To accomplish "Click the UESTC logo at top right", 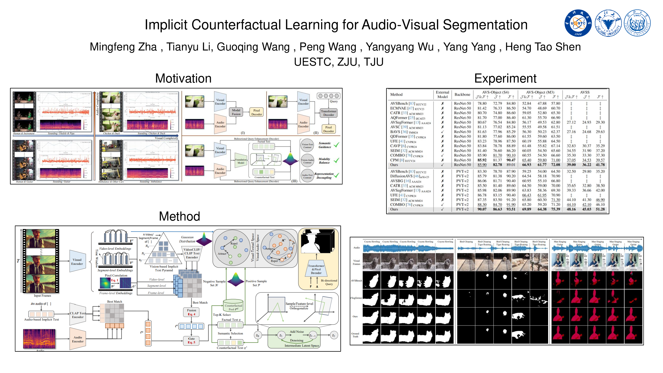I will click(578, 23).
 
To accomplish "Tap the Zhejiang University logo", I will click(608, 23).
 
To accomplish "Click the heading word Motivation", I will click(183, 78).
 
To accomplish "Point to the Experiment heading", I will click(505, 78).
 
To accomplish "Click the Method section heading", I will click(179, 216).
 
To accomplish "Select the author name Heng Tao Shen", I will click(543, 47).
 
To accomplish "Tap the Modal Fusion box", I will click(236, 112).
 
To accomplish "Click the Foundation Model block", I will click(240, 161).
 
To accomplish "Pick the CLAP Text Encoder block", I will click(78, 315).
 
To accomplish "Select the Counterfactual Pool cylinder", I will click(233, 306).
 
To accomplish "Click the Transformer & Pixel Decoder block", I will click(316, 269).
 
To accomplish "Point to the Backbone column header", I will click(462, 94).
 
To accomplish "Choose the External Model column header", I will click(442, 94).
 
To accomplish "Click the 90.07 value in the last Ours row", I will click(482, 209).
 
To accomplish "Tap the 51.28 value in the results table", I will click(600, 209).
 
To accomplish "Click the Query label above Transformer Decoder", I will click(334, 101).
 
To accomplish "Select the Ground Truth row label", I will click(355, 335).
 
